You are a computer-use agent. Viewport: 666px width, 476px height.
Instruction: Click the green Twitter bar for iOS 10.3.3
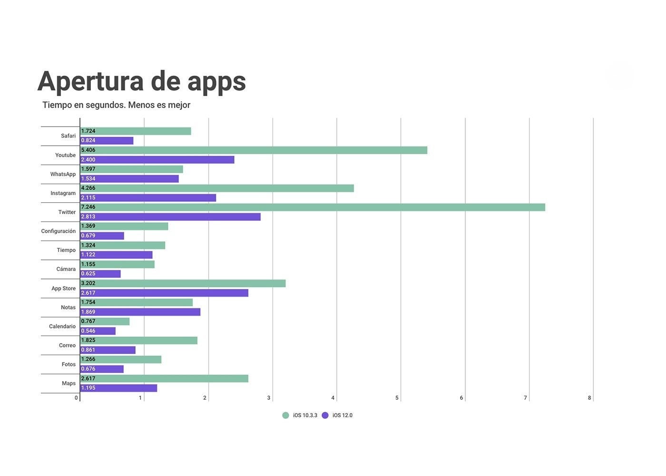point(313,207)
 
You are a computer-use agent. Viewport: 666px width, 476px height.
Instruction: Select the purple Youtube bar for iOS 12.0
point(157,159)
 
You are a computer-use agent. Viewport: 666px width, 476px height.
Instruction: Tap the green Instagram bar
point(217,188)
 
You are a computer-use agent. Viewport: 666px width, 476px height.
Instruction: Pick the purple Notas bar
point(140,312)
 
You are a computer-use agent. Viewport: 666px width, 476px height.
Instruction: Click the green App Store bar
point(183,283)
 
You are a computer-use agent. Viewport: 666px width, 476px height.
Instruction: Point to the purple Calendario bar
point(98,331)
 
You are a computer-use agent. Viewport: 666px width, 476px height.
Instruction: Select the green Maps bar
point(164,378)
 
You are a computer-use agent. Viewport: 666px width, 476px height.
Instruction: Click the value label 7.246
point(88,207)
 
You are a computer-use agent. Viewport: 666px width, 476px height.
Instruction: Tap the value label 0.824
point(88,140)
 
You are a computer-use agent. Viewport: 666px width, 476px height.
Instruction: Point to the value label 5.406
point(88,150)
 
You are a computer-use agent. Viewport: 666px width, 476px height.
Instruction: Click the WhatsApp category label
point(63,174)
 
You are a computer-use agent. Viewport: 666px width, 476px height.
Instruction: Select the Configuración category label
point(58,231)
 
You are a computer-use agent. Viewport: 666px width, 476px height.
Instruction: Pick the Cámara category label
point(66,269)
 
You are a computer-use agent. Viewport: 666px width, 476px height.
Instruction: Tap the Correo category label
point(67,346)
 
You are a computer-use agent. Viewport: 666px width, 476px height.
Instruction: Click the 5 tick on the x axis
point(397,398)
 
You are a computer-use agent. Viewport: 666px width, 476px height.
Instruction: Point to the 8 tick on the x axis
point(589,398)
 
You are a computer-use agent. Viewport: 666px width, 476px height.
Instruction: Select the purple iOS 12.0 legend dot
point(325,416)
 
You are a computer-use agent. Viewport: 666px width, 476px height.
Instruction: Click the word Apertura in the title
point(90,81)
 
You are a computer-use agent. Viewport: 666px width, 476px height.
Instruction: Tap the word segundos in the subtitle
point(105,105)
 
